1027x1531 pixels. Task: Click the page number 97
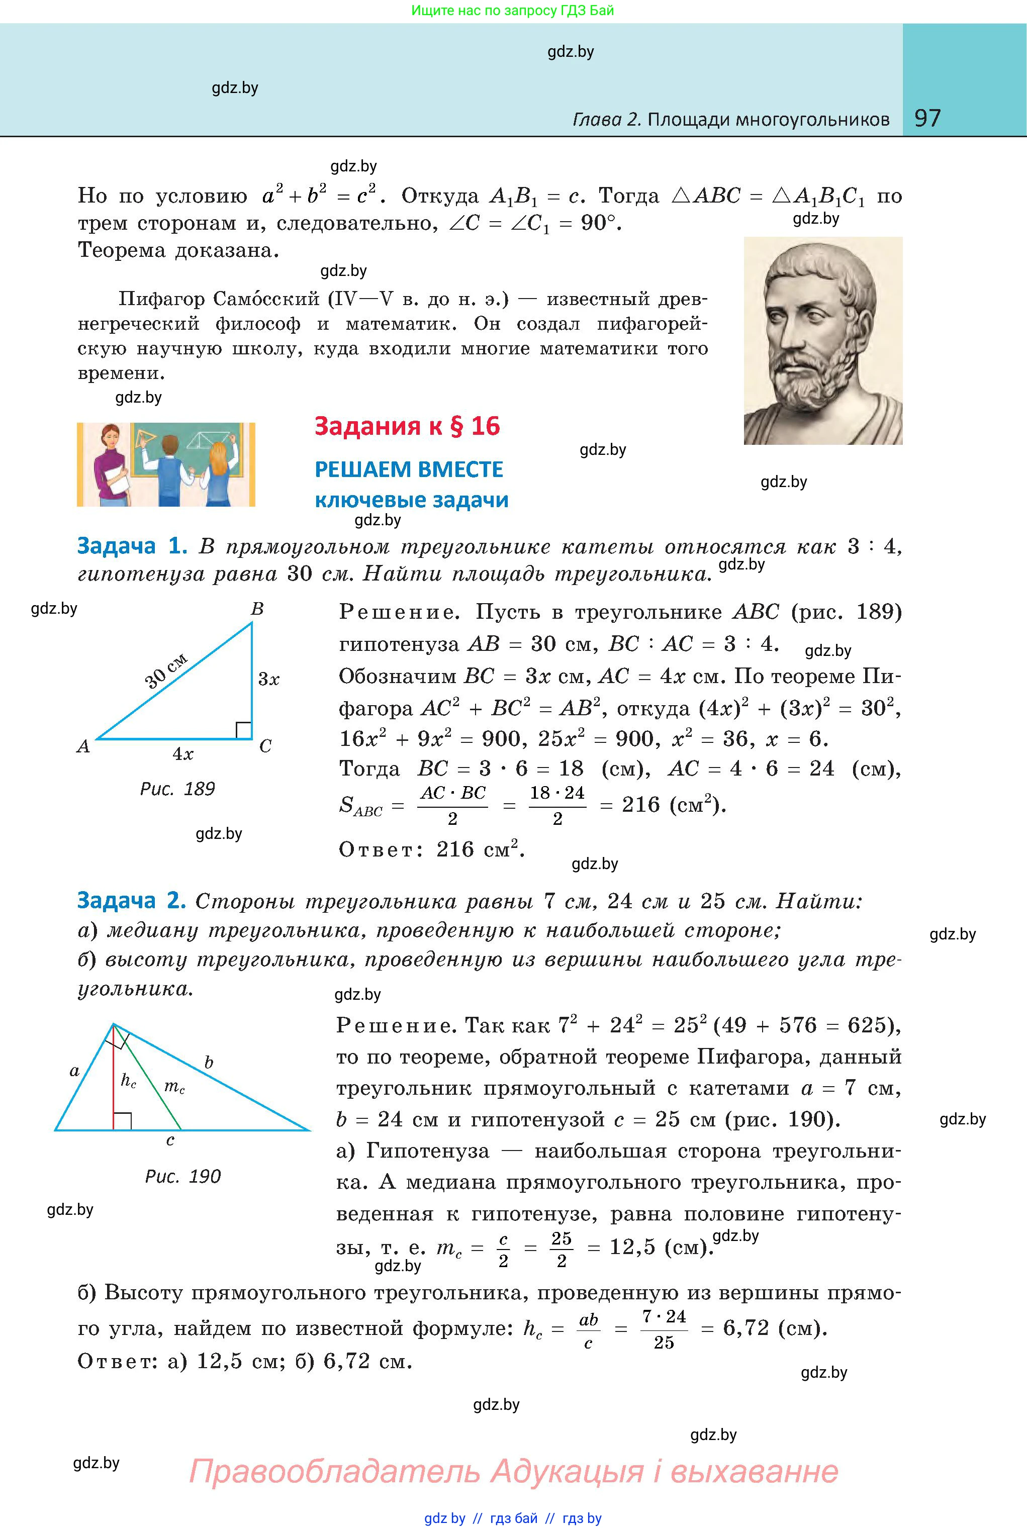927,118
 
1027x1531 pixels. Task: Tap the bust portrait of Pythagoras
822,340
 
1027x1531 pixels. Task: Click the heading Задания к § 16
407,426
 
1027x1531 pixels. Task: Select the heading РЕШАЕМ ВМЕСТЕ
409,469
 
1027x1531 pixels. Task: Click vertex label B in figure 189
257,609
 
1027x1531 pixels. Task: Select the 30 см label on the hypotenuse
166,671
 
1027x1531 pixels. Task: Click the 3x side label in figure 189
268,679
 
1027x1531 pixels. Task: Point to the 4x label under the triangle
183,754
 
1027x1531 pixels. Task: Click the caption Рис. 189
177,789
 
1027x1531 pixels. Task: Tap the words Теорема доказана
178,251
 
